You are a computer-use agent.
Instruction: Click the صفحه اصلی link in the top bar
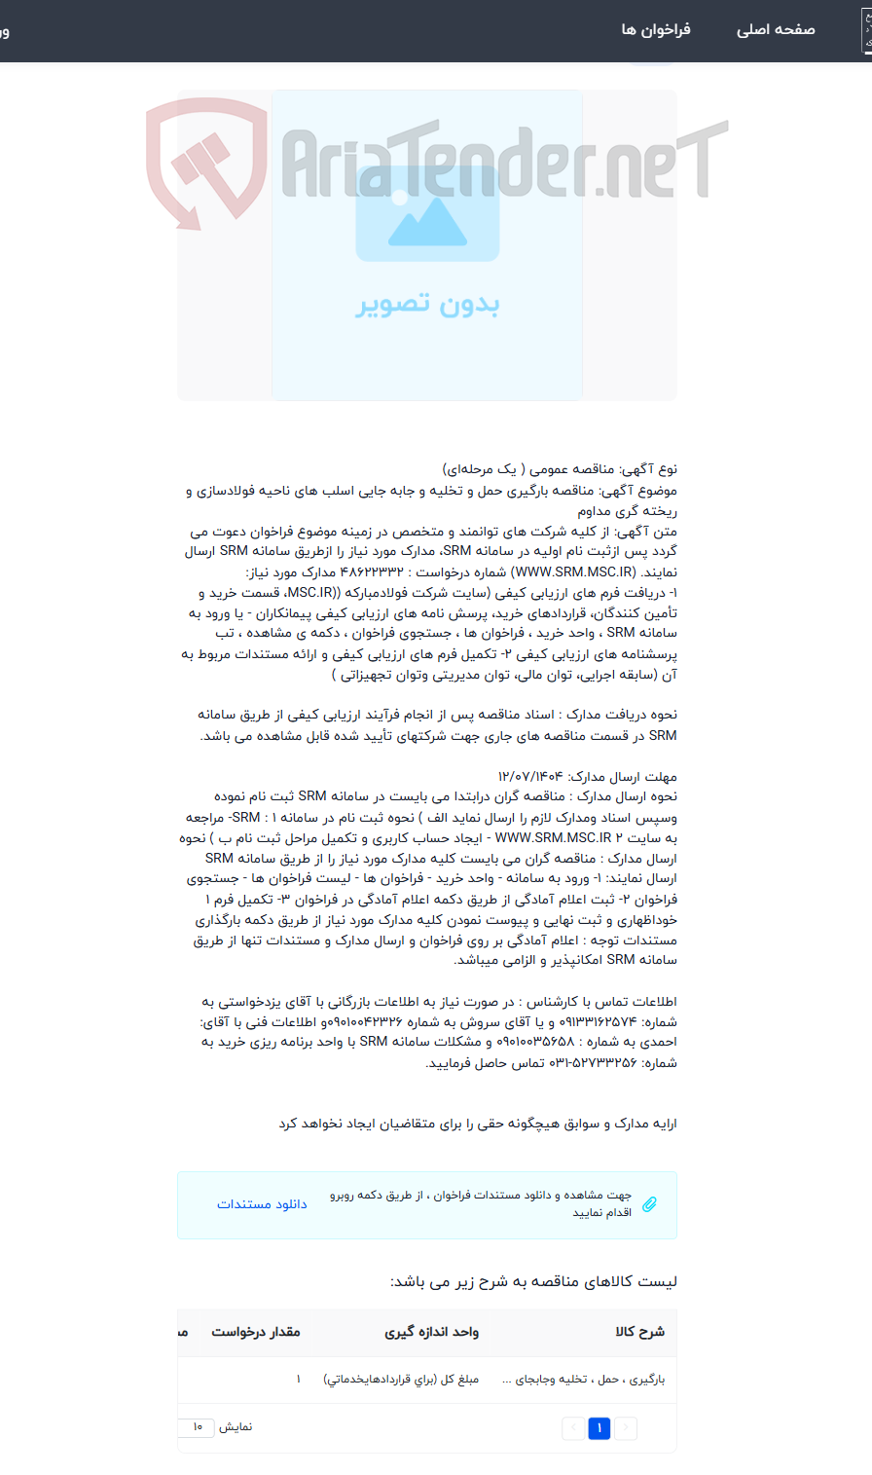(x=775, y=30)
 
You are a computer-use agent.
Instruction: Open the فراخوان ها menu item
(x=656, y=30)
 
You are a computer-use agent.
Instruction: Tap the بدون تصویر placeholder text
(x=427, y=305)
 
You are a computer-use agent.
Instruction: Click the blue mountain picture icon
(x=427, y=213)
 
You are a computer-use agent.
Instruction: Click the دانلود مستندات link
(x=262, y=1204)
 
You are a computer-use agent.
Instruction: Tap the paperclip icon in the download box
(x=649, y=1204)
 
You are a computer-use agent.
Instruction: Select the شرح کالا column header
(x=639, y=1332)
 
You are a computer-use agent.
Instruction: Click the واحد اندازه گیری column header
(x=431, y=1332)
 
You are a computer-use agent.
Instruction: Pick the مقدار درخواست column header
(x=256, y=1332)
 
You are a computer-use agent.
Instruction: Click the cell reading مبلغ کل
(x=401, y=1380)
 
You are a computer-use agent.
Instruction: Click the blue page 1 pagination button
(x=599, y=1428)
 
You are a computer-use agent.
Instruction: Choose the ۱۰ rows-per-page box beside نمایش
(x=197, y=1427)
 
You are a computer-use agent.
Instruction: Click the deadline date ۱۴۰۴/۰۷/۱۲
(x=530, y=777)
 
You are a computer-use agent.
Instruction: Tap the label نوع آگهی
(x=657, y=469)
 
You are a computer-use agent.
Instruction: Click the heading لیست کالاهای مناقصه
(x=533, y=1282)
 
